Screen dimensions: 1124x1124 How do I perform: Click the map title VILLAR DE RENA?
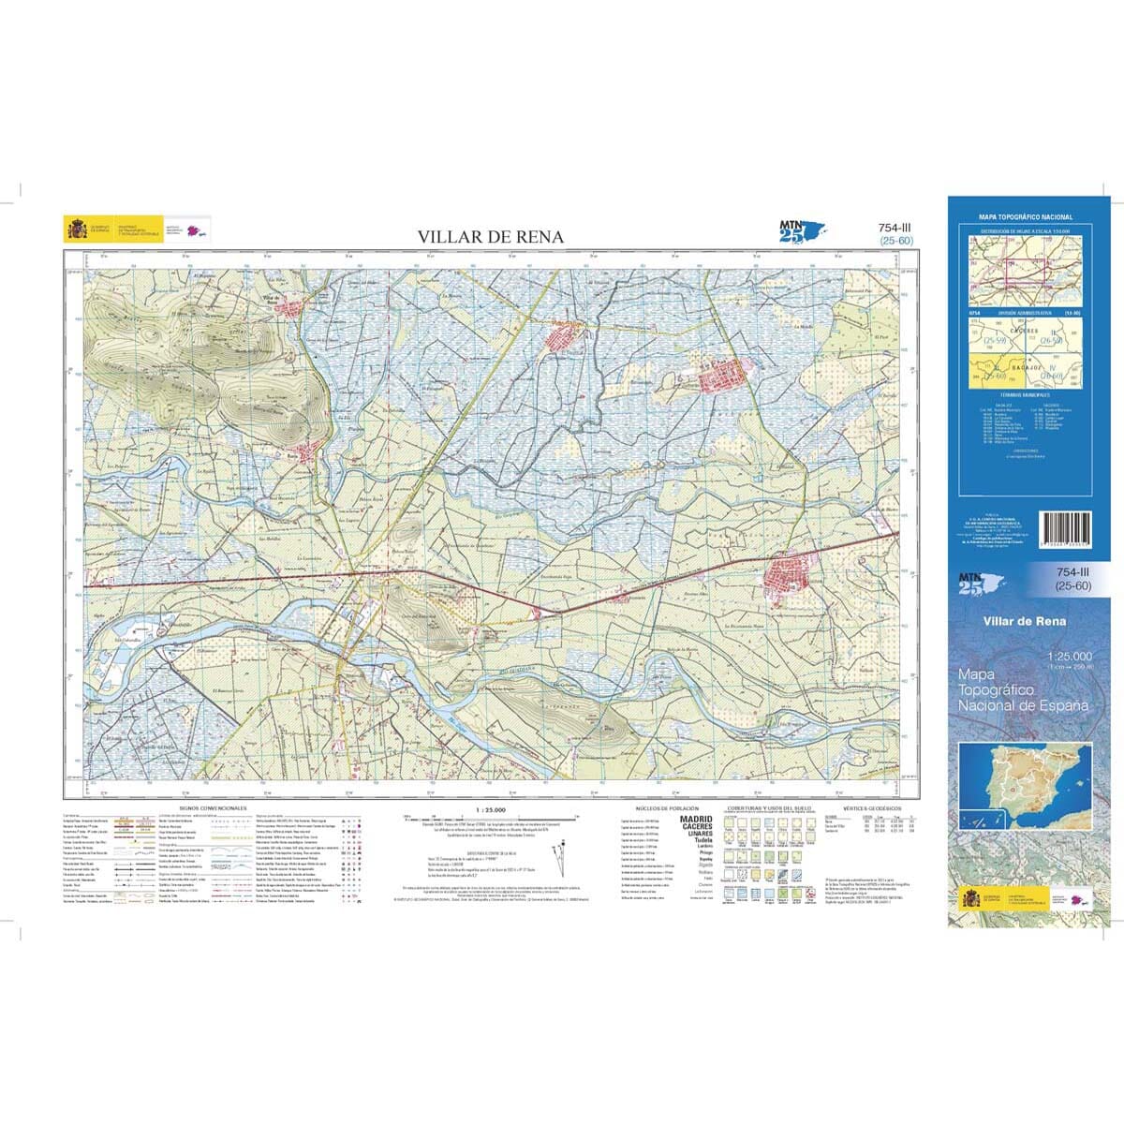click(x=491, y=237)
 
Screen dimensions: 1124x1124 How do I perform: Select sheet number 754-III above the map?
click(x=895, y=228)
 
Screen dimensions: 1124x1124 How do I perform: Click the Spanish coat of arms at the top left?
click(x=74, y=229)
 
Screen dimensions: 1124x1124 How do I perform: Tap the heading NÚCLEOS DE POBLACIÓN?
click(x=663, y=806)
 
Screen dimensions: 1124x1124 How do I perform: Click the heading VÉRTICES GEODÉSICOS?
click(x=871, y=806)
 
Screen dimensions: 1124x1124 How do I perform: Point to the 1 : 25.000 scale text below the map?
click(x=491, y=808)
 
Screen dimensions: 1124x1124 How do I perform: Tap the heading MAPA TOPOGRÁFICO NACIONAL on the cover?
click(x=1025, y=216)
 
